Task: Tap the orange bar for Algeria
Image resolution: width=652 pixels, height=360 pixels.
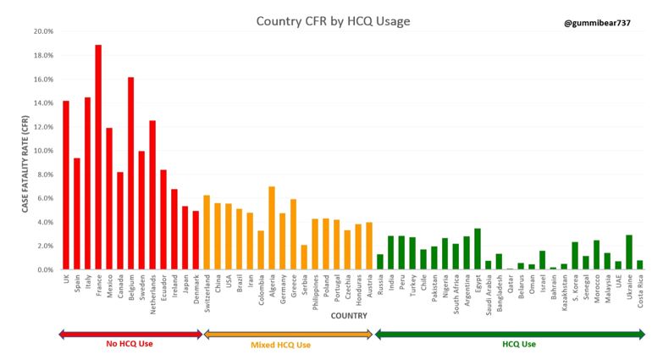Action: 272,228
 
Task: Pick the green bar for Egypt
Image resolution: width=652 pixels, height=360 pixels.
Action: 478,249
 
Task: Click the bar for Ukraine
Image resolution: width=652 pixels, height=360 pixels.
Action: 629,252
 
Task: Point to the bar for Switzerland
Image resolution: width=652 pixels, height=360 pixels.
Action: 207,232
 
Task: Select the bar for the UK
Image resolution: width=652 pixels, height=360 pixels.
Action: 66,186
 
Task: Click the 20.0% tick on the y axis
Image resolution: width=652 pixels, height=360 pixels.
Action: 41,31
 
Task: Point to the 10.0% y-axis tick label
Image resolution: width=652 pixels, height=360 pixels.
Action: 41,151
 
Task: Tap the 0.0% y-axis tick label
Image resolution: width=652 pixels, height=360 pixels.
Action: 43,269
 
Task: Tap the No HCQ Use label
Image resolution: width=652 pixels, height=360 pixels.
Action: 130,345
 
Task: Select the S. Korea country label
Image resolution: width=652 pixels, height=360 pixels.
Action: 575,289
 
